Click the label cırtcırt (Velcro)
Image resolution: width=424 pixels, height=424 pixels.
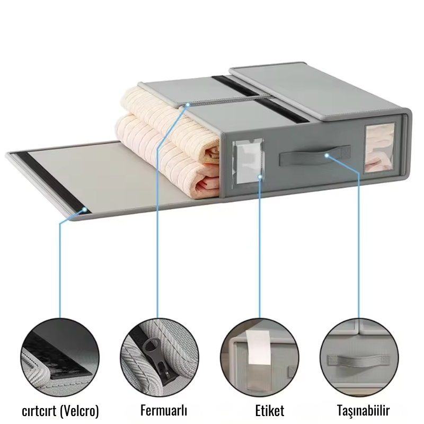pyautogui.click(x=60, y=410)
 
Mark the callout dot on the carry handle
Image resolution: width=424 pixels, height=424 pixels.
pyautogui.click(x=327, y=156)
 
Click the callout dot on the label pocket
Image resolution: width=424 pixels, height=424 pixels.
pyautogui.click(x=260, y=176)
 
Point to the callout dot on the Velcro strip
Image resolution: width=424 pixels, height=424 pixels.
pyautogui.click(x=85, y=210)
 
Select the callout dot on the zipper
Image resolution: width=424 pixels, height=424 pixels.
pyautogui.click(x=186, y=105)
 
